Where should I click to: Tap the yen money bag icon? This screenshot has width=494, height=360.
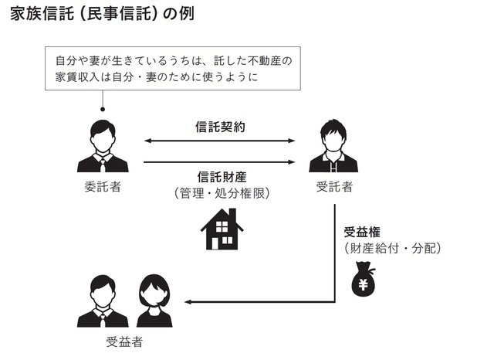coord(364,279)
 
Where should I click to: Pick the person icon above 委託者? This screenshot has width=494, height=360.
coord(102,147)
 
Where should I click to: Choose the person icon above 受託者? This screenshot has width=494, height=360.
coord(333,147)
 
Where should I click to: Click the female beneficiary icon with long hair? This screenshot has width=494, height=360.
coord(154,301)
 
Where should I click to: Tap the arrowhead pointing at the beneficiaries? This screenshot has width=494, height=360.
coord(190,301)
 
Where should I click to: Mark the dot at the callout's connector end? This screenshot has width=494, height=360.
coord(102,110)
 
